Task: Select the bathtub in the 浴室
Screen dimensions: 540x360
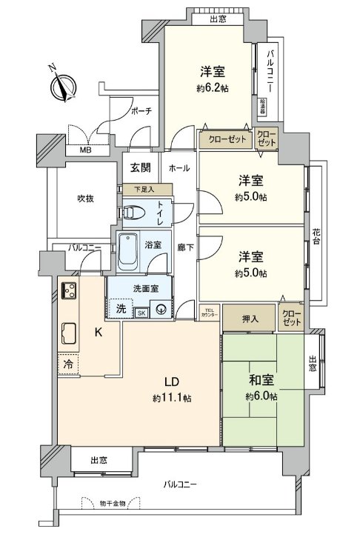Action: click(x=129, y=253)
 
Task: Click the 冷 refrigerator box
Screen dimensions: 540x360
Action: click(x=68, y=364)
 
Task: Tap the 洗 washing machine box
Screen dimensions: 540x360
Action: click(x=119, y=308)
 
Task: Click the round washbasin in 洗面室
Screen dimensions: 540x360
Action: click(x=159, y=312)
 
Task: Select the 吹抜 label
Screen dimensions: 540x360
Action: click(x=83, y=199)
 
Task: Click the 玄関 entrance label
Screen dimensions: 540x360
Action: click(x=141, y=167)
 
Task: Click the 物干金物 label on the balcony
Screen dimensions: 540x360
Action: click(x=118, y=504)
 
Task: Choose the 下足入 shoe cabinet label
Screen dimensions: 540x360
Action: click(x=140, y=190)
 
